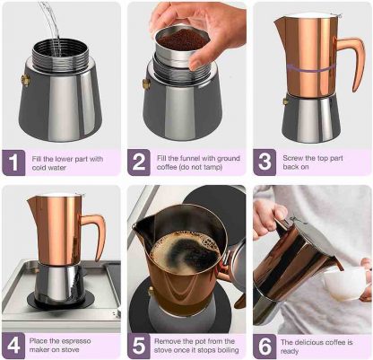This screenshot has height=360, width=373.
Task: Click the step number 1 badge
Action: (x=13, y=162)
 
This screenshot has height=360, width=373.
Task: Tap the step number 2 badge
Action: (x=139, y=162)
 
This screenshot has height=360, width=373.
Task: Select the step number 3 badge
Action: (x=265, y=162)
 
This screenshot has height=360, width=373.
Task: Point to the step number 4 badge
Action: (x=13, y=346)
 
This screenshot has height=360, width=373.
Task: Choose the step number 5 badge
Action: (x=139, y=346)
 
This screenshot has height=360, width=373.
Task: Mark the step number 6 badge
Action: (x=265, y=346)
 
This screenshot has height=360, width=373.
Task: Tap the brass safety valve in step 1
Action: (x=25, y=80)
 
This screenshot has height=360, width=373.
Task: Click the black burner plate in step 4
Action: (x=61, y=300)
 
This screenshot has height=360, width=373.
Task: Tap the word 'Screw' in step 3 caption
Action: (x=292, y=158)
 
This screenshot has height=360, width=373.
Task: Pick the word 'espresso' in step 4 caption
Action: (x=75, y=341)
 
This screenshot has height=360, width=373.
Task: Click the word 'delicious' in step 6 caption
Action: (x=309, y=342)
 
